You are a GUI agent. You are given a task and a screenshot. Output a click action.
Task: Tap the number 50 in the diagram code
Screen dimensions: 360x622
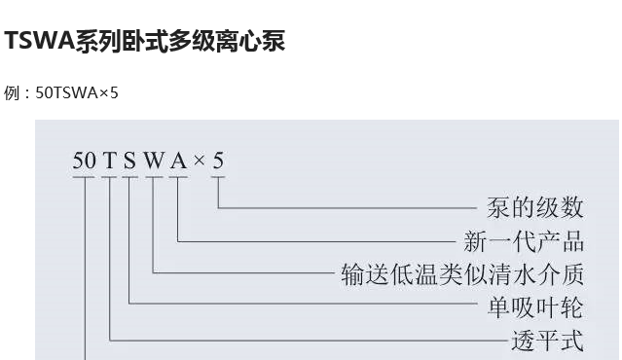tap(85, 161)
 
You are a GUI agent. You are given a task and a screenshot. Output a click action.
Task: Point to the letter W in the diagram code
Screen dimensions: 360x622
tap(154, 161)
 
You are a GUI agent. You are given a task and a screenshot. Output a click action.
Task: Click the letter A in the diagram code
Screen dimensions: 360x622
tap(178, 161)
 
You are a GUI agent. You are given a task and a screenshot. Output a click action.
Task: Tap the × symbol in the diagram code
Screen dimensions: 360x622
tap(200, 162)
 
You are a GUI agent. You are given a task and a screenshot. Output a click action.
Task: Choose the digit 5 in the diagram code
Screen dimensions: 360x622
tap(218, 161)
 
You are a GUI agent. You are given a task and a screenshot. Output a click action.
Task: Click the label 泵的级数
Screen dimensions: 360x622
tap(534, 207)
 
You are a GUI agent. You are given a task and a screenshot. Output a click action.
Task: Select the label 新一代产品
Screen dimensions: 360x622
tap(524, 240)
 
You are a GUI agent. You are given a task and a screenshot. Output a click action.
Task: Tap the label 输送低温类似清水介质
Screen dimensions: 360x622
tap(461, 274)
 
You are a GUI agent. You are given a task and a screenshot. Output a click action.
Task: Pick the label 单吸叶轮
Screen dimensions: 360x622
tap(534, 307)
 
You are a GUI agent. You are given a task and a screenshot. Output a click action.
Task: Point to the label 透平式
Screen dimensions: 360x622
tap(547, 341)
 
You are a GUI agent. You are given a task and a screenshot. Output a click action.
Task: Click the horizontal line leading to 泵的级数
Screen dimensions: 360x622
tap(350, 207)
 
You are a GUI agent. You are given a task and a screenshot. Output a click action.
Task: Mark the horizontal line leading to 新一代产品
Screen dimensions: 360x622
tap(321, 239)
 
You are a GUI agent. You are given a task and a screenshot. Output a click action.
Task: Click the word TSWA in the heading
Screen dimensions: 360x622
tap(39, 42)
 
